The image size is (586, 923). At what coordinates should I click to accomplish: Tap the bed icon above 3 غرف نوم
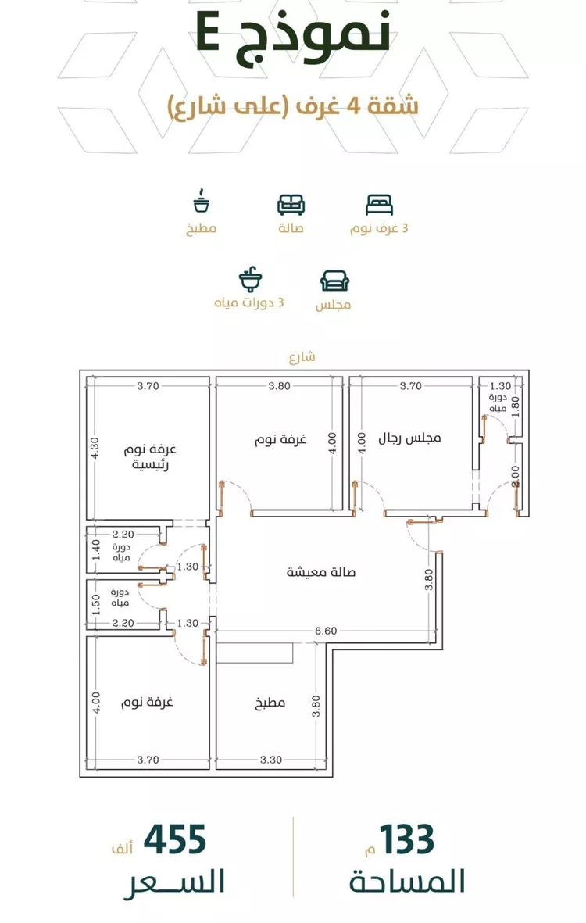379,204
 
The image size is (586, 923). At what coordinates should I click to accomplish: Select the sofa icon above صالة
291,205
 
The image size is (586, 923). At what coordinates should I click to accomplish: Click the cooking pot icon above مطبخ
202,201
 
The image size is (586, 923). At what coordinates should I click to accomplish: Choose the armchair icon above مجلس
334,281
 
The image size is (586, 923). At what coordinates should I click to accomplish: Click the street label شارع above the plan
302,356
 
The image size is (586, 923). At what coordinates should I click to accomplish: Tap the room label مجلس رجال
409,438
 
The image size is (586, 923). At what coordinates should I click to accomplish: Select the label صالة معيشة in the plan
320,571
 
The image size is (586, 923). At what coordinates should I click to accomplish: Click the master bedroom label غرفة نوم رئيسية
150,456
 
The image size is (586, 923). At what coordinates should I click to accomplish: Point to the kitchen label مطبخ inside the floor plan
270,703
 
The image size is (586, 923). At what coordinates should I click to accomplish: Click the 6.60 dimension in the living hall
326,631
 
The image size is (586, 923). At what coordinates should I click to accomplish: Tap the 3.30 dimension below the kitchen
270,760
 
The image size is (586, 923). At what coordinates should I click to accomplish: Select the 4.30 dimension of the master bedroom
96,448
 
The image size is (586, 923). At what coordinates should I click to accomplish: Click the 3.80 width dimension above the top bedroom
280,386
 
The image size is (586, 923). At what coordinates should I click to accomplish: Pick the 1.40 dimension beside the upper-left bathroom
96,550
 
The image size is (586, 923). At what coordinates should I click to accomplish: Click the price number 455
175,840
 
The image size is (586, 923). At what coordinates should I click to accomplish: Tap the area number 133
406,840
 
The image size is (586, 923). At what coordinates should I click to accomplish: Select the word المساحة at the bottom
407,882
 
